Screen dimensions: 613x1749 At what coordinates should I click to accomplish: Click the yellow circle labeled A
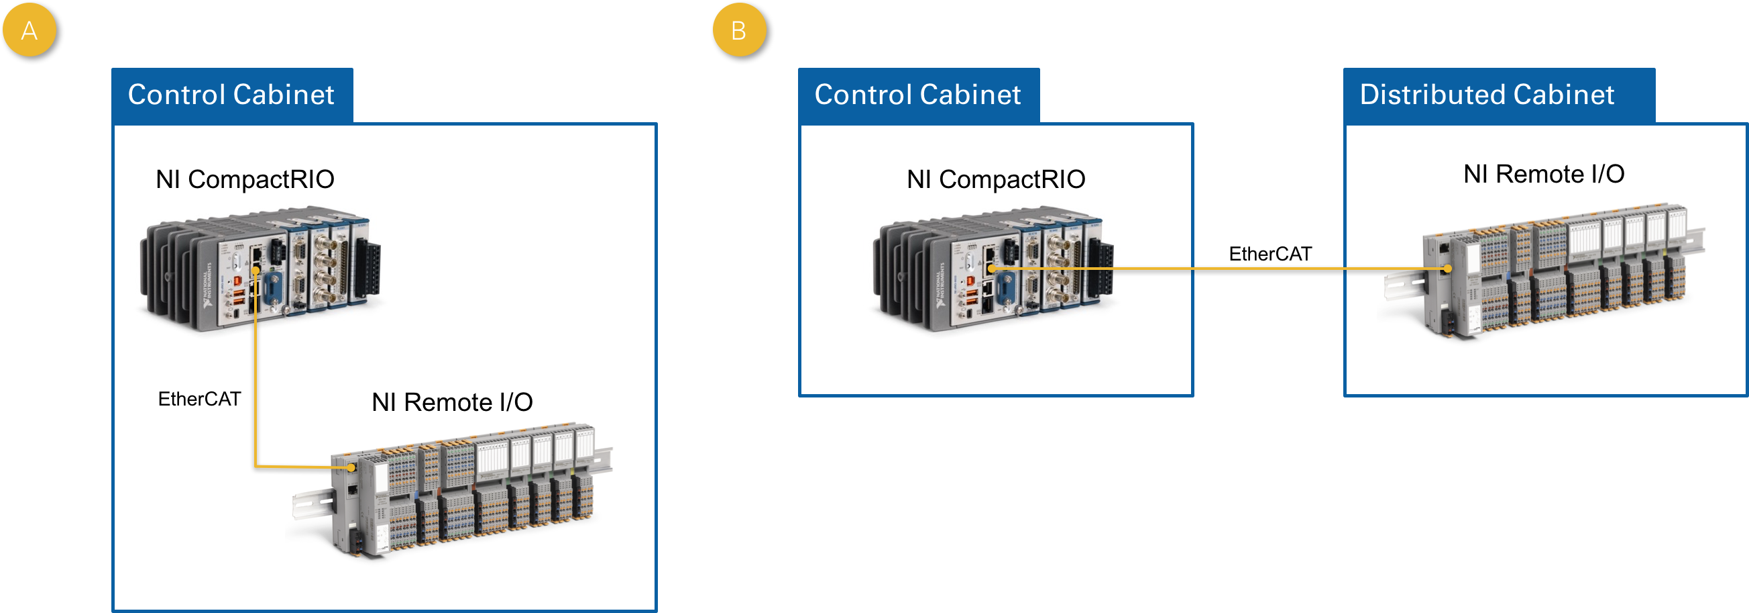click(30, 30)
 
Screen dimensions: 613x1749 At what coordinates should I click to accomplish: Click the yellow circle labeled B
click(739, 30)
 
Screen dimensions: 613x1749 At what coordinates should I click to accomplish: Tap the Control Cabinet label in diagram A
click(231, 95)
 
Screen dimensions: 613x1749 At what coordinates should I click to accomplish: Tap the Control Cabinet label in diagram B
click(918, 95)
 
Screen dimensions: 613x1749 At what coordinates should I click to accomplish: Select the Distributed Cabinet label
click(1487, 95)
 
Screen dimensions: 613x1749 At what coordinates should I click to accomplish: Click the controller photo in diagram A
click(262, 269)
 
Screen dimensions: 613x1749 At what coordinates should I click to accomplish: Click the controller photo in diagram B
click(995, 269)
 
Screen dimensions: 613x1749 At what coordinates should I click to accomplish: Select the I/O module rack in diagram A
click(453, 489)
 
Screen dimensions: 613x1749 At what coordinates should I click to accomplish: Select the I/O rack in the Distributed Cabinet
click(1544, 271)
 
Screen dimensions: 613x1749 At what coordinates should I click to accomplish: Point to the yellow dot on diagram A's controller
click(256, 271)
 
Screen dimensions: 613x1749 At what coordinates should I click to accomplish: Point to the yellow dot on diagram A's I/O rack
click(351, 467)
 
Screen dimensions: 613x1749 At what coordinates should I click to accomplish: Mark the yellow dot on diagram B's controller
click(991, 269)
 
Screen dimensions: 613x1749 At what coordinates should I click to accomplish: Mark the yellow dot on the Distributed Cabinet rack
click(1447, 269)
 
